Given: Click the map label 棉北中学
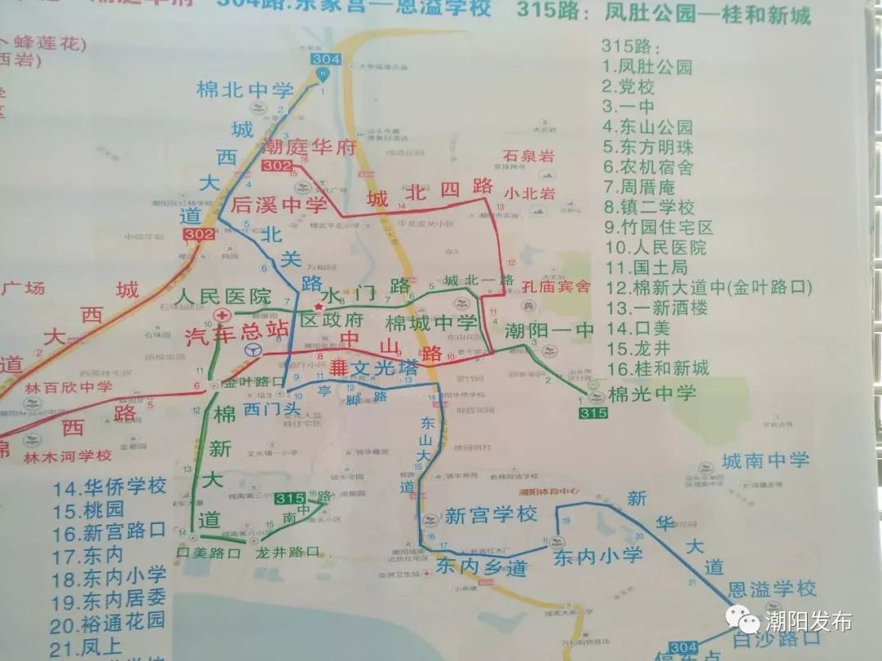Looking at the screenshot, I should click(x=244, y=90).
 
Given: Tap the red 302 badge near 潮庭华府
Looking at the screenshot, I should click(x=276, y=166).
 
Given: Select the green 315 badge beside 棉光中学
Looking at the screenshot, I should click(x=593, y=414).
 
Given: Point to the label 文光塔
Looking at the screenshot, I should click(x=384, y=369).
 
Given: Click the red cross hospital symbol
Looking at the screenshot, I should click(x=220, y=315).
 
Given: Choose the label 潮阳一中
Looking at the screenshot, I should click(x=549, y=331).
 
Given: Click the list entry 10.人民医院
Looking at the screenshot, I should click(x=654, y=246).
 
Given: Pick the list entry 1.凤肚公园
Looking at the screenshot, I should click(x=647, y=67).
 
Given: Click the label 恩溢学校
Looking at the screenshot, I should click(x=772, y=588).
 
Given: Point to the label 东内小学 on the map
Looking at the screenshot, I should click(x=598, y=557).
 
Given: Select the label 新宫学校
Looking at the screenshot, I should click(x=490, y=516).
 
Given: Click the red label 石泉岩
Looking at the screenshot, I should click(x=528, y=155).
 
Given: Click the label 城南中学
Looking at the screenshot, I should click(x=766, y=460).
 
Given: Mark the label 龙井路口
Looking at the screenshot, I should click(x=287, y=552).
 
